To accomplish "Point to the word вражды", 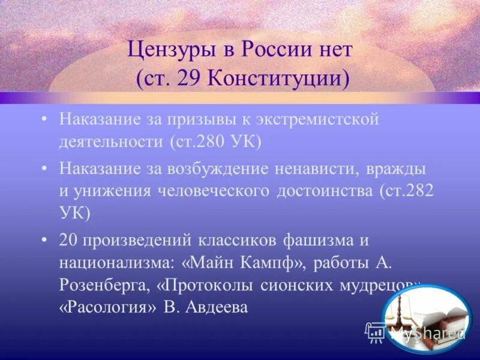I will [398, 168].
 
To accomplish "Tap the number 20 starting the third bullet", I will [68, 240].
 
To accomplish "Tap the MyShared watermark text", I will [427, 332].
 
